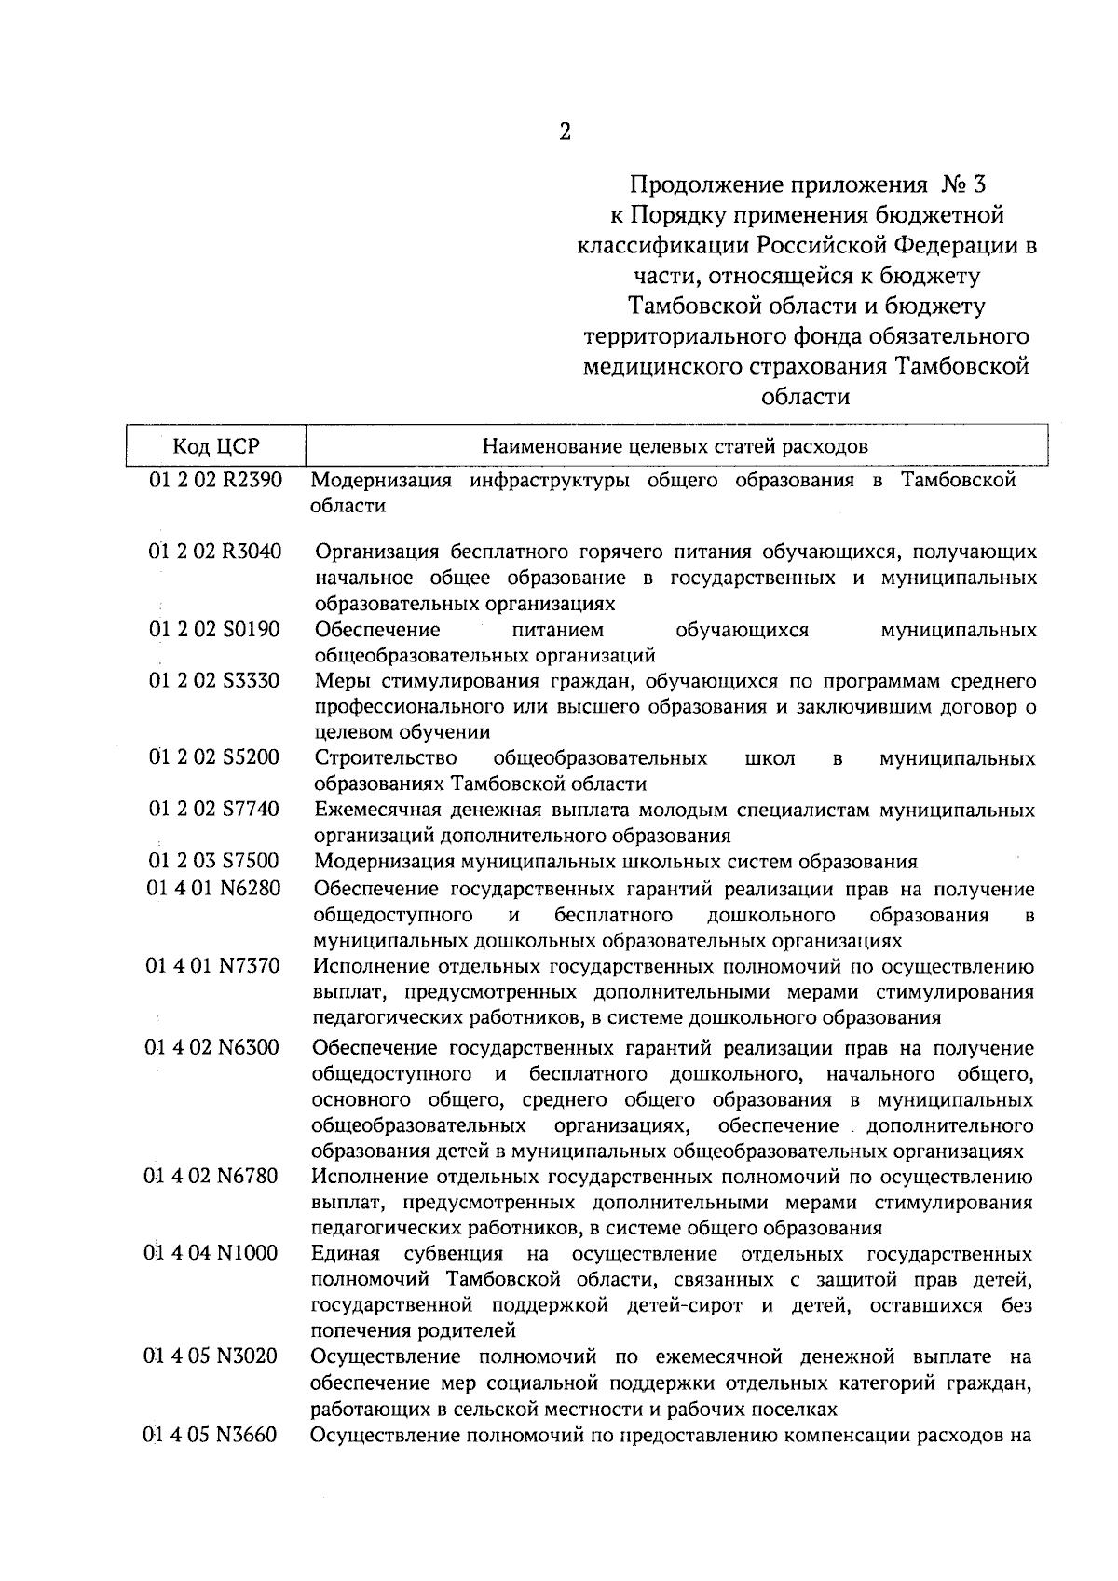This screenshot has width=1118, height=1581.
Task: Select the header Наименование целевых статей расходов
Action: [675, 446]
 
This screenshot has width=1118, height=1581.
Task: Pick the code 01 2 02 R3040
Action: [215, 552]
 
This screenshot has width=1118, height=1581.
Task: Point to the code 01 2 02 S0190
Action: [215, 630]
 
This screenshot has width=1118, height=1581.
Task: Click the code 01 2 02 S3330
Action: [215, 681]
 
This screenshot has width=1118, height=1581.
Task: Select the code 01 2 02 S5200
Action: [215, 757]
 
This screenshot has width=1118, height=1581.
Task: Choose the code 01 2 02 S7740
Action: [215, 809]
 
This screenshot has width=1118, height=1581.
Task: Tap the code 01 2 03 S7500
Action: [215, 861]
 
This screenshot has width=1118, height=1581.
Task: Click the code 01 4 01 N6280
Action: [213, 889]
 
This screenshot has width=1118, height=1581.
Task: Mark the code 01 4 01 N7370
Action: [213, 966]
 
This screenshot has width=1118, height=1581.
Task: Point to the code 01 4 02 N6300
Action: [213, 1048]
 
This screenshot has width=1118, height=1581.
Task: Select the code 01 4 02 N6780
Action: [212, 1176]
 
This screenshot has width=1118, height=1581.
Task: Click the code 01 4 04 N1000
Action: [212, 1253]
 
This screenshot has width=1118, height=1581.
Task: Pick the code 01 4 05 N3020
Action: [212, 1356]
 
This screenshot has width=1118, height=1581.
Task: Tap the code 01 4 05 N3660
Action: [212, 1435]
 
